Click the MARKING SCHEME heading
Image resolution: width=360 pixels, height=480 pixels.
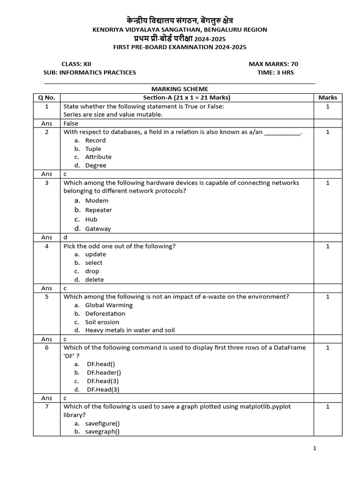[x=180, y=89]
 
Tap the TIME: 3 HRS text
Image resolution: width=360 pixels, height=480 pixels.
[x=276, y=73]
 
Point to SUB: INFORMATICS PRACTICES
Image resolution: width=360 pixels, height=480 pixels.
[x=90, y=73]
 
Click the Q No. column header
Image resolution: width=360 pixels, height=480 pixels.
[x=46, y=97]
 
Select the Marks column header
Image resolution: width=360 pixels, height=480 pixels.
[x=328, y=97]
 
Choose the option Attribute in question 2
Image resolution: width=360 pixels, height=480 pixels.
[x=98, y=157]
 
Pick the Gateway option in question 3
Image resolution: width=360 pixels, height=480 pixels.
[x=98, y=229]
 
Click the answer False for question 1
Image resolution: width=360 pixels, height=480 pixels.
[x=71, y=123]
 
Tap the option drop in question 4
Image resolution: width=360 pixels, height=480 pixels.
[x=92, y=271]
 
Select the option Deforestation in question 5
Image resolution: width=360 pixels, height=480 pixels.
[x=105, y=314]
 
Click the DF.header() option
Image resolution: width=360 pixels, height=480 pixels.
[x=104, y=373]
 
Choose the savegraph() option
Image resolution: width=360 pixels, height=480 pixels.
[x=102, y=432]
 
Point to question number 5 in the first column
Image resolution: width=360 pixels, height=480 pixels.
[x=46, y=297]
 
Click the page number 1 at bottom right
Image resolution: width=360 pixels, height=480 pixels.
[x=315, y=449]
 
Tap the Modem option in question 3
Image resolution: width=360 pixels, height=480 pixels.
[x=97, y=201]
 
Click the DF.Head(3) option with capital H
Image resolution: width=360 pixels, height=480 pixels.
[x=103, y=390]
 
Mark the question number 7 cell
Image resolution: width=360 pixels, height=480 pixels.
[x=46, y=407]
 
